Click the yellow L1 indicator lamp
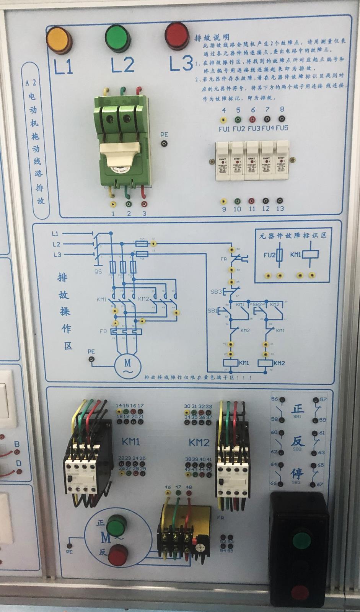click(x=59, y=39)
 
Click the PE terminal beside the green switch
click(x=164, y=144)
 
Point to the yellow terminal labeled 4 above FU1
click(x=223, y=119)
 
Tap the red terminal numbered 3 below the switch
click(x=144, y=205)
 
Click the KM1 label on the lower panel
click(x=130, y=442)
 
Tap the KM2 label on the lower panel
click(x=199, y=443)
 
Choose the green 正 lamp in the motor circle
click(x=115, y=526)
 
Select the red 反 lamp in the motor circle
click(x=117, y=555)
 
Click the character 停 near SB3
click(x=297, y=473)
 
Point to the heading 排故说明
click(x=212, y=37)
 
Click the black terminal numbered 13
click(x=280, y=201)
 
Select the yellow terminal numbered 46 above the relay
click(x=168, y=494)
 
